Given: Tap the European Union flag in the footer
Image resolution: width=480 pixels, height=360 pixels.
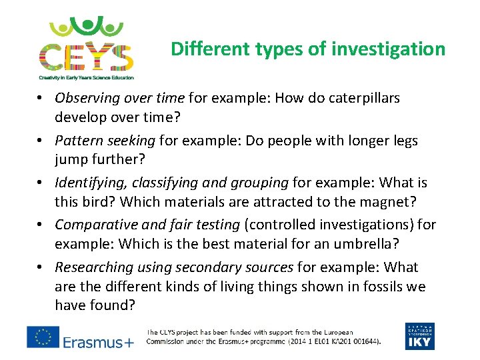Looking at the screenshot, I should tap(43, 337).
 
